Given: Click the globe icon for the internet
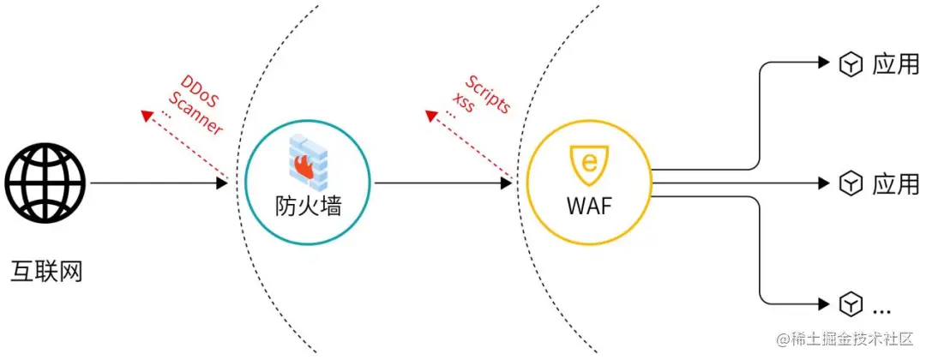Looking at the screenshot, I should click(x=45, y=183).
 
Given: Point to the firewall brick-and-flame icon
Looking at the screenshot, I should click(x=307, y=163).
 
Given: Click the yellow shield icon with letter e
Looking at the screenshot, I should click(x=588, y=163).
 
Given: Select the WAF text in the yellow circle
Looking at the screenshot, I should click(x=588, y=207).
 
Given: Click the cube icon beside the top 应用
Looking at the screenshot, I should click(x=850, y=64).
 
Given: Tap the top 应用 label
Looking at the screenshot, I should click(x=895, y=64).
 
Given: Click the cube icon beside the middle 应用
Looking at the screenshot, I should click(x=850, y=183).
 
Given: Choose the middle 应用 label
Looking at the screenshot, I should click(x=895, y=183).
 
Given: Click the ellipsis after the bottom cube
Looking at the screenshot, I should click(x=881, y=309).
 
